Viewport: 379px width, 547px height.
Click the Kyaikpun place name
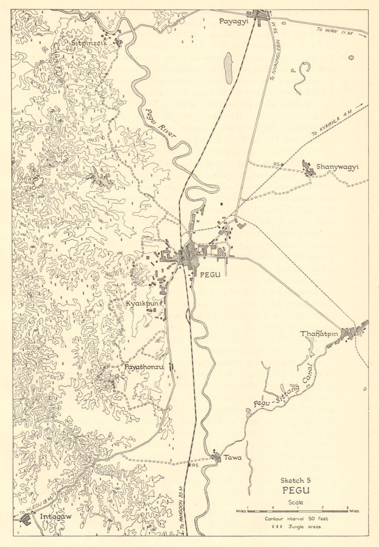click(142, 302)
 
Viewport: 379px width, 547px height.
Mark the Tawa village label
click(232, 457)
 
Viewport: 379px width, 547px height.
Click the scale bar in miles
click(298, 511)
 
